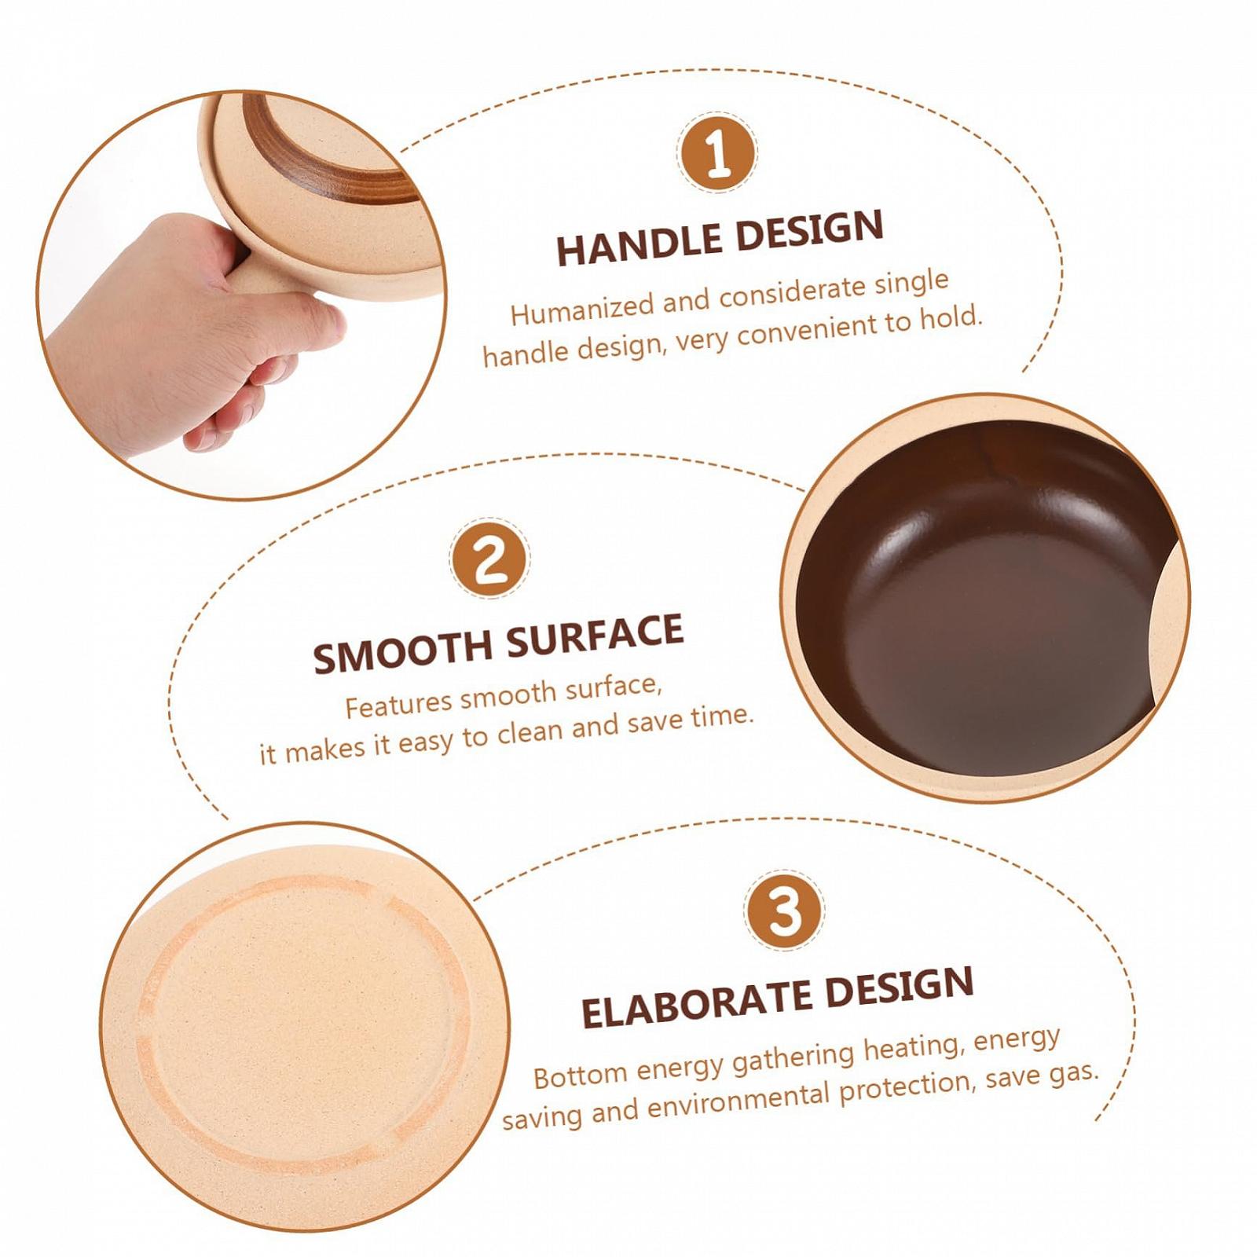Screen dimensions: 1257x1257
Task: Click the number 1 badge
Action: click(x=717, y=152)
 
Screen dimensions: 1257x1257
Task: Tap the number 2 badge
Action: click(x=489, y=558)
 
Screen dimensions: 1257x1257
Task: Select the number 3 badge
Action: click(x=784, y=910)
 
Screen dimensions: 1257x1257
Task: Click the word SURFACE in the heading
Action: click(x=594, y=635)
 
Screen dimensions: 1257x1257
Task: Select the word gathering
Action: click(x=792, y=1056)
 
